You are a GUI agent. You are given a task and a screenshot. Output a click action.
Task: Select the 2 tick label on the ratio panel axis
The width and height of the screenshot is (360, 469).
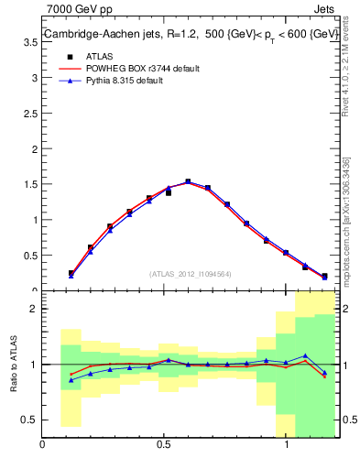pyautogui.click(x=34, y=309)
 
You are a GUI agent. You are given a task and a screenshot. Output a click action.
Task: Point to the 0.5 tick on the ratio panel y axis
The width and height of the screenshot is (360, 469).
pyautogui.click(x=29, y=420)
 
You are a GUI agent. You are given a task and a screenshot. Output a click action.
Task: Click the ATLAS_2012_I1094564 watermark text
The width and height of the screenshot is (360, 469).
pyautogui.click(x=191, y=274)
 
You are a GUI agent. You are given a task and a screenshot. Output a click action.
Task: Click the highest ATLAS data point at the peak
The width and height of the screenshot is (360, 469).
pyautogui.click(x=188, y=181)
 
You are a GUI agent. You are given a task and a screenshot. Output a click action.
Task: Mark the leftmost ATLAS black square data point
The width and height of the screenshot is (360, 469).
pyautogui.click(x=71, y=273)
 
